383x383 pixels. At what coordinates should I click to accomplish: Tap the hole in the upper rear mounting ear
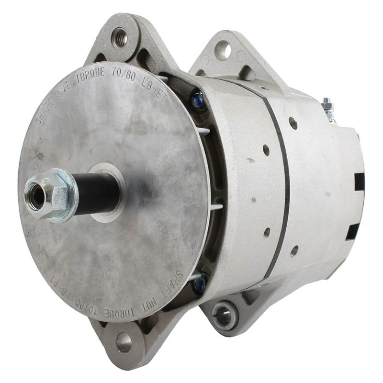(x=223, y=49)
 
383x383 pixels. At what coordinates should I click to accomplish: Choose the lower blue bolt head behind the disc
(x=200, y=283)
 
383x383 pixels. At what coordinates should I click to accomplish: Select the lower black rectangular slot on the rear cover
(x=353, y=232)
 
